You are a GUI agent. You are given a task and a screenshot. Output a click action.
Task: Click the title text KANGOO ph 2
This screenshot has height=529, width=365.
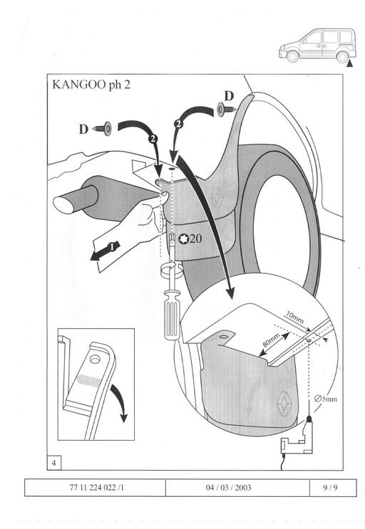(x=91, y=84)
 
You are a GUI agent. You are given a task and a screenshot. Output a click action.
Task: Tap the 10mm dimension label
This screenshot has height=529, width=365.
(x=294, y=318)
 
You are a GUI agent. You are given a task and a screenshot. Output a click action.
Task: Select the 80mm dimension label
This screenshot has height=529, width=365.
(x=272, y=340)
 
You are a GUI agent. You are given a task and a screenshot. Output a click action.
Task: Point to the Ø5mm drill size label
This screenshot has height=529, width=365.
(x=326, y=399)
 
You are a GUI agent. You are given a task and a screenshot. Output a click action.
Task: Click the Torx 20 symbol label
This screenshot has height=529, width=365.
(x=190, y=239)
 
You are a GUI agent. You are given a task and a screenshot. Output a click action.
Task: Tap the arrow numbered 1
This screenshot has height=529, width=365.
(x=105, y=251)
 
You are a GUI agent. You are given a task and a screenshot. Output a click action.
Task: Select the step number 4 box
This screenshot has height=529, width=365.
(x=54, y=463)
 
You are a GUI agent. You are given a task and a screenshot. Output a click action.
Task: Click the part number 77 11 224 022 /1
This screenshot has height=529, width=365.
(x=96, y=488)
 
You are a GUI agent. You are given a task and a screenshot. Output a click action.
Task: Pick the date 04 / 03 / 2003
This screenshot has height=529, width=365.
(x=229, y=488)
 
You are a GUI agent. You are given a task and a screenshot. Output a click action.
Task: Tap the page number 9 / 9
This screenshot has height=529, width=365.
(x=330, y=488)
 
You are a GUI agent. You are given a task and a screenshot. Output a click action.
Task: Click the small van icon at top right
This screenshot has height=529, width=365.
(x=317, y=46)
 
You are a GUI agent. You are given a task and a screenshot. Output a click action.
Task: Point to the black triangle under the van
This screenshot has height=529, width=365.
(x=349, y=64)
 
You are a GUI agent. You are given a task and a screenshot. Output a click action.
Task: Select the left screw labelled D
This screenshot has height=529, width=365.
(x=103, y=129)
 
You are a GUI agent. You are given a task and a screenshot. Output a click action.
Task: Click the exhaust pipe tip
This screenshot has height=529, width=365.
(x=64, y=205)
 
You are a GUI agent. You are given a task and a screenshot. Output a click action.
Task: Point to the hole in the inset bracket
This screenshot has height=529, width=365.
(x=95, y=360)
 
